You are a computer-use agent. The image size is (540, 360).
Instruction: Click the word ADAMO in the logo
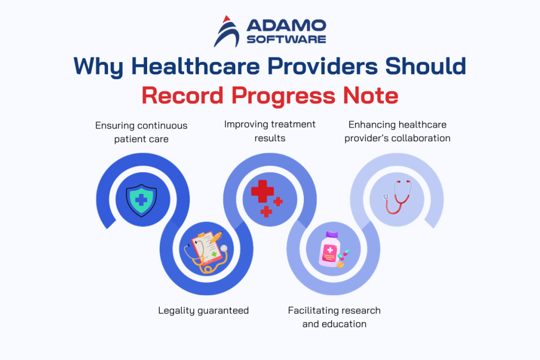(285, 25)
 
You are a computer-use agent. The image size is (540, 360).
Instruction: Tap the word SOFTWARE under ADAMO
(285, 39)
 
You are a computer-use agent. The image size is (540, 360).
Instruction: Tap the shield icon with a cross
(141, 199)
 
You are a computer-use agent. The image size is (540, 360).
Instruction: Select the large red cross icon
(262, 192)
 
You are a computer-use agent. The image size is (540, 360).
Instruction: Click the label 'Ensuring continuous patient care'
(141, 132)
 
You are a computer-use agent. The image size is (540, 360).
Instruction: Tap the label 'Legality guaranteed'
(204, 310)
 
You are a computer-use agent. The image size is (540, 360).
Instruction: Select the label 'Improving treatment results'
(269, 131)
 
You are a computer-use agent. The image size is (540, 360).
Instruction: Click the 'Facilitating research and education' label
(334, 317)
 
